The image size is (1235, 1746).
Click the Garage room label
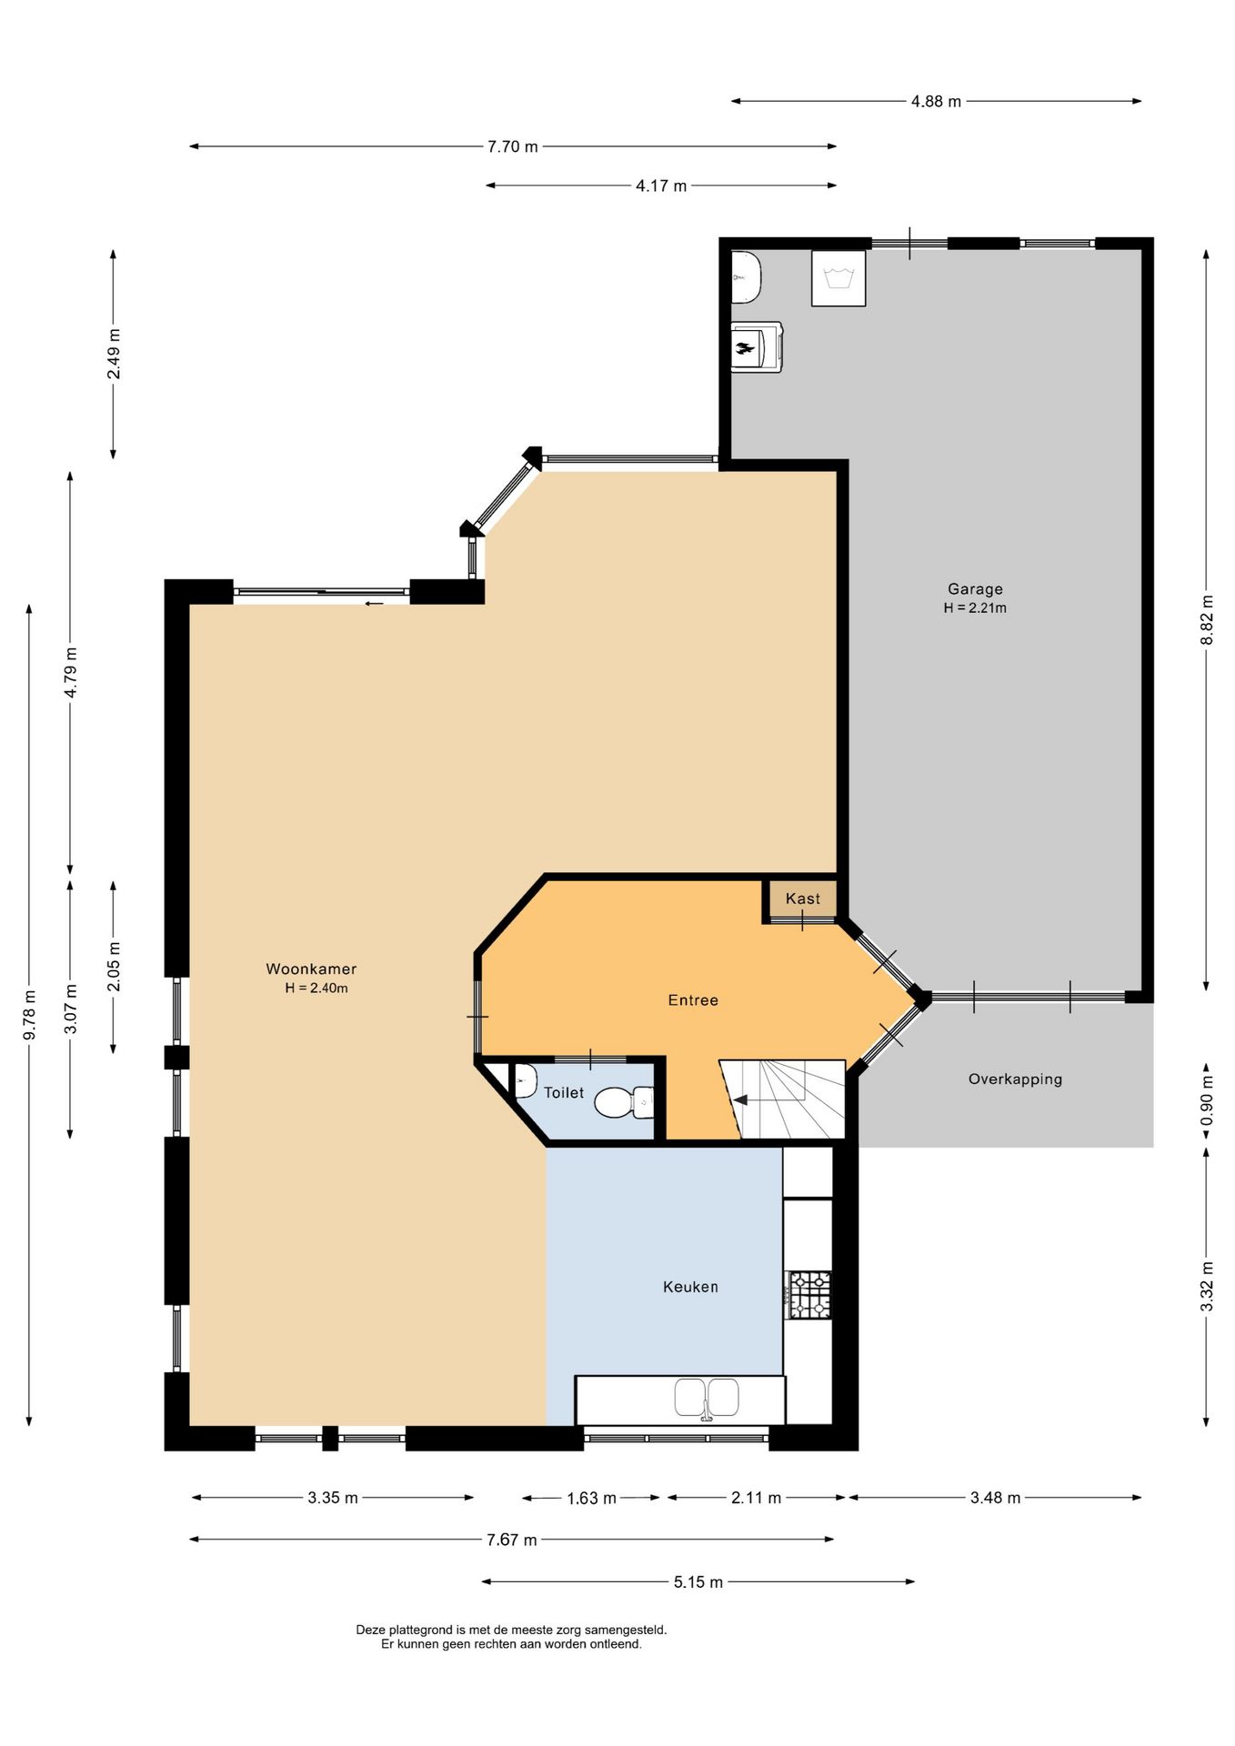(974, 589)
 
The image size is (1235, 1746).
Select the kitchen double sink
(707, 1398)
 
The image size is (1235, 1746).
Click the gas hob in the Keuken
(808, 1295)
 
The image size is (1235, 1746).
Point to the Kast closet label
(802, 898)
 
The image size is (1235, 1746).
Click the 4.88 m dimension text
(936, 102)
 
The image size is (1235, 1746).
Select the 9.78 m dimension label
(30, 1015)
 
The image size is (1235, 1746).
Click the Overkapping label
(1014, 1079)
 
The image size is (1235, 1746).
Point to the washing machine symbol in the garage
(838, 277)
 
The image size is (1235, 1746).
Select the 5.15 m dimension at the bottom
(698, 1582)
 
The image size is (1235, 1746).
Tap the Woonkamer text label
(311, 969)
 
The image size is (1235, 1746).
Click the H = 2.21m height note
(974, 608)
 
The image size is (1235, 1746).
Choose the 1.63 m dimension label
(591, 1498)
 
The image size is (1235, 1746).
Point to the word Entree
(693, 1000)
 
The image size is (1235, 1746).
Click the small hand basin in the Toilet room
(525, 1084)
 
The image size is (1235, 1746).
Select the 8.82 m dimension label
(1207, 620)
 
